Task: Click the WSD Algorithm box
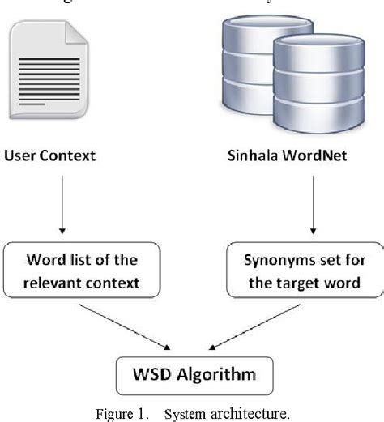click(192, 374)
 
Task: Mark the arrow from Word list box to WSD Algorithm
click(129, 329)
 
